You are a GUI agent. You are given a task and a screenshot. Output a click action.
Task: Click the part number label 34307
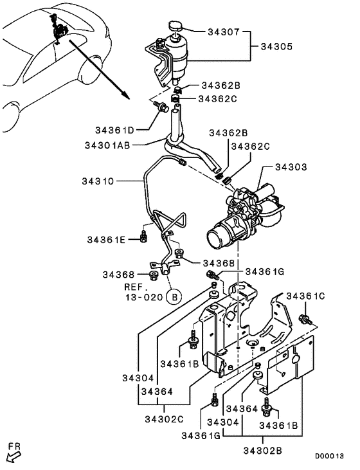click(224, 30)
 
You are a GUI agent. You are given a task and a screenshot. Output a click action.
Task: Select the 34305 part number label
click(278, 46)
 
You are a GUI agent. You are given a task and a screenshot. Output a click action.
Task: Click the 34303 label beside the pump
click(291, 167)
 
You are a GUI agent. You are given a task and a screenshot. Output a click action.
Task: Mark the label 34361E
click(108, 240)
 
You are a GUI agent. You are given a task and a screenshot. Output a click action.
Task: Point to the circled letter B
click(173, 296)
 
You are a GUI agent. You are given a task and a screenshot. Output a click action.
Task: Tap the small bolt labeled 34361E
click(143, 239)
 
